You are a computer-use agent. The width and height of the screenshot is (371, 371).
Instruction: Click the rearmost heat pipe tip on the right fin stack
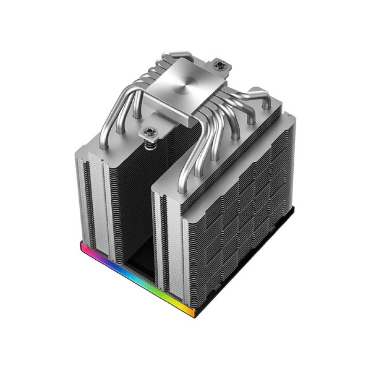click(266, 104)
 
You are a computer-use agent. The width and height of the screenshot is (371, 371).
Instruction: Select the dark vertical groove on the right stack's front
click(163, 241)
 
